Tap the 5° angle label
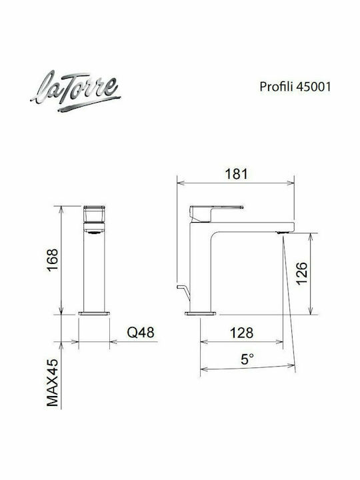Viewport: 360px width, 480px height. click(247, 359)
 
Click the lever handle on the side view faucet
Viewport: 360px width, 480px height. click(217, 209)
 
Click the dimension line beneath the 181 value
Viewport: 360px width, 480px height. click(235, 183)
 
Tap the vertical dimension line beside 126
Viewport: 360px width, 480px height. click(311, 273)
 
